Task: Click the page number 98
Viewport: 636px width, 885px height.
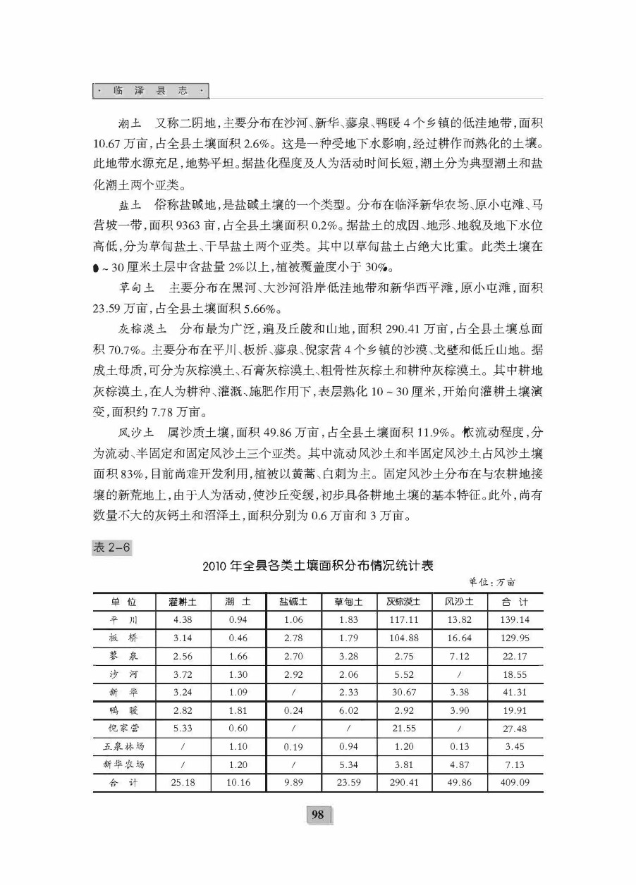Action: coord(317,815)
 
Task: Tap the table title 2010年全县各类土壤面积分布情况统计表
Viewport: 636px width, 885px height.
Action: coord(317,565)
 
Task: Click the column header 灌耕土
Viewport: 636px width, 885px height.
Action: coord(182,602)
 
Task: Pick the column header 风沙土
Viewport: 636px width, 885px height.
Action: coord(459,602)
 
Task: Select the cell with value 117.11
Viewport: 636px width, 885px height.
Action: coord(404,620)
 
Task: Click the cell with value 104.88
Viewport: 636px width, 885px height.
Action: coord(404,638)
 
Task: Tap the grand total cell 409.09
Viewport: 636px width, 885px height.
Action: coord(515,782)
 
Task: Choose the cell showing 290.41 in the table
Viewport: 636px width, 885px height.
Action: coord(404,782)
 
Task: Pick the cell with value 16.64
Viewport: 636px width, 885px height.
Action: coord(459,638)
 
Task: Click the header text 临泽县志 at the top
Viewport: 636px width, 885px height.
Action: coord(152,91)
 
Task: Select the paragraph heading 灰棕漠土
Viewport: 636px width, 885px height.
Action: coord(143,329)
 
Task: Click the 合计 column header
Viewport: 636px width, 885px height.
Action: coord(515,602)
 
